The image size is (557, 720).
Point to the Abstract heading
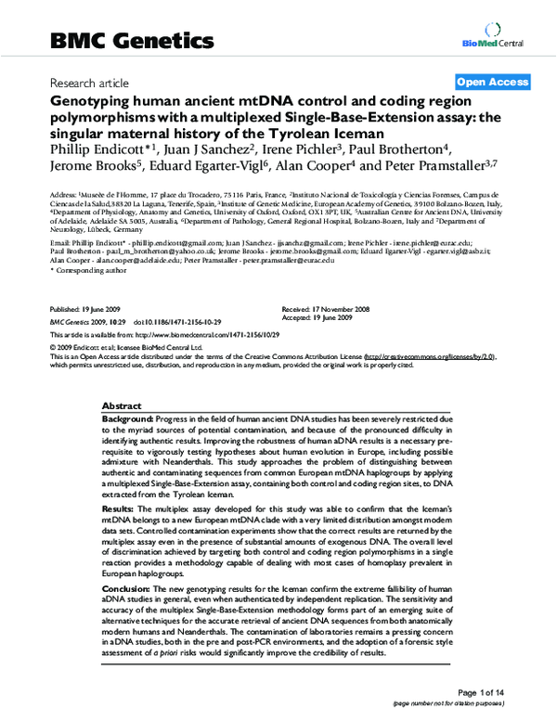[121, 406]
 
